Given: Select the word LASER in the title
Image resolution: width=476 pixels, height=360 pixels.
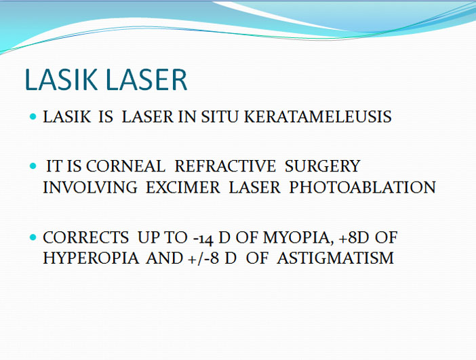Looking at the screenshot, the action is [x=146, y=79].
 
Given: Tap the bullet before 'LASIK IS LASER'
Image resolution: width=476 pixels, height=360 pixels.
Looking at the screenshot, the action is [x=33, y=117].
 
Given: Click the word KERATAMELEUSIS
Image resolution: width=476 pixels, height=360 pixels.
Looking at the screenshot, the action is [x=318, y=117].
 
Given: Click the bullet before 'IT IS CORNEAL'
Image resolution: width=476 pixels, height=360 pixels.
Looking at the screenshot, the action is [x=33, y=166].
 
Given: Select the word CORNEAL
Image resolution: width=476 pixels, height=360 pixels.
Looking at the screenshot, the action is [x=125, y=166].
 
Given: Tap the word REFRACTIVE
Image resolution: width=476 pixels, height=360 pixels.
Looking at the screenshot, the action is [x=225, y=166].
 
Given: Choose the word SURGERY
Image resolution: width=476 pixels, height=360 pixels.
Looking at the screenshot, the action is [x=322, y=166].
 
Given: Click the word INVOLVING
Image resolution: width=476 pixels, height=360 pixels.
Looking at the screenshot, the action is [x=90, y=187].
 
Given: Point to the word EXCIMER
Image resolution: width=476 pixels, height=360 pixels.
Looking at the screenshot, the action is [x=183, y=187].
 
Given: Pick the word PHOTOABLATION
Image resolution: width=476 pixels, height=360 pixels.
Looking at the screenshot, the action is [x=363, y=187].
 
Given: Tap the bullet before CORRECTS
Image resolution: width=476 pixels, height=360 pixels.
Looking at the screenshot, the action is [x=33, y=237].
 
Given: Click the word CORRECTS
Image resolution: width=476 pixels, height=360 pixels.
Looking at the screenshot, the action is [x=86, y=237].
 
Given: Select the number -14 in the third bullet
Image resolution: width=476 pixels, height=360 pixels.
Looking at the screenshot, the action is [x=203, y=238].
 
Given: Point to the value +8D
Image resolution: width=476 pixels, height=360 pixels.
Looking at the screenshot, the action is [x=354, y=237].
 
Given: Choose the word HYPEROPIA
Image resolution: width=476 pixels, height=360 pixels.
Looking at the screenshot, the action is [x=91, y=258].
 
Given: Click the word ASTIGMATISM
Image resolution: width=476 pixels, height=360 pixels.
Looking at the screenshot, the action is [x=336, y=258].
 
